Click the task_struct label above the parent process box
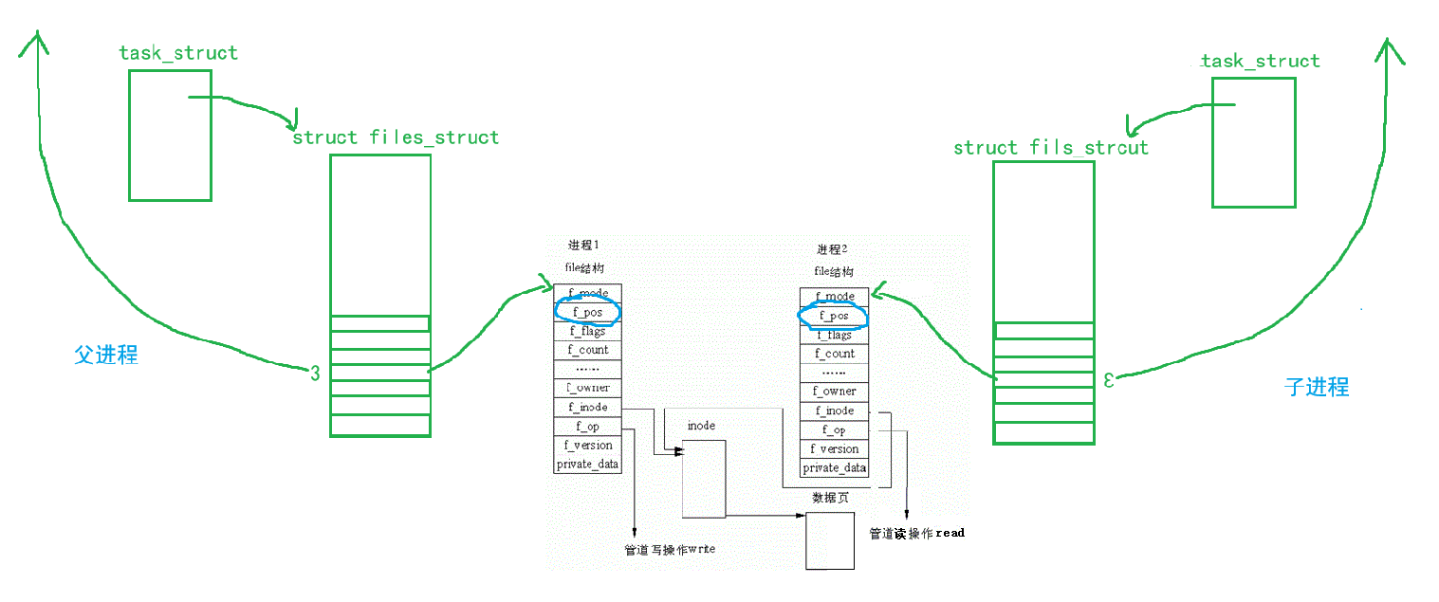pos(178,53)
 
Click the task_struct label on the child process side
pos(1259,62)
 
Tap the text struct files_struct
pos(396,137)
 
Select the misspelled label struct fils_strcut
pos(1050,148)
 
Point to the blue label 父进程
pos(106,355)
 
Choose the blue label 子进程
pos(1316,386)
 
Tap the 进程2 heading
pos(832,250)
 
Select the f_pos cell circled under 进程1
pos(588,312)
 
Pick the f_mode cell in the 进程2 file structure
pos(835,297)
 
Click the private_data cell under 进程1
pos(588,465)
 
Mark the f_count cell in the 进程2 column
pos(835,354)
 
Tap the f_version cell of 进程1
pos(588,446)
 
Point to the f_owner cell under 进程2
pos(835,392)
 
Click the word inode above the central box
pos(701,426)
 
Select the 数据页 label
pos(830,499)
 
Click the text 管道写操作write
pos(669,551)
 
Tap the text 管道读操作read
pos(916,534)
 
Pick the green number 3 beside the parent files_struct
pos(315,374)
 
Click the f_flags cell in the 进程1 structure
pos(588,331)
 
